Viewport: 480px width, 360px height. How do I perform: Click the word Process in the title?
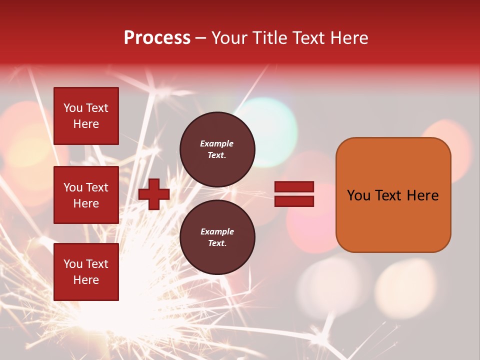(157, 38)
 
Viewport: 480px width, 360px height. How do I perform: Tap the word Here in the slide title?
(348, 38)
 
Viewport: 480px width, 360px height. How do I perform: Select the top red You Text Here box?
(86, 116)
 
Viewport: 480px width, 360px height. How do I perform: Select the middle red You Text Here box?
(86, 195)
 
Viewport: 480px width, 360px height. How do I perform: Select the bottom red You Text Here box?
(86, 271)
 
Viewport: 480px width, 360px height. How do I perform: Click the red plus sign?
(154, 194)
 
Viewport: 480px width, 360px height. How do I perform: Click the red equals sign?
(294, 194)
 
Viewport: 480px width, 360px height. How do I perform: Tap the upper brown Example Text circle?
(217, 149)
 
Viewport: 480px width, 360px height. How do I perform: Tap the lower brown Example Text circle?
(217, 237)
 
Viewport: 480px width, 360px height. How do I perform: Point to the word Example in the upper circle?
(217, 143)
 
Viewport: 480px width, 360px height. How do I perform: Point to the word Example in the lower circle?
(217, 231)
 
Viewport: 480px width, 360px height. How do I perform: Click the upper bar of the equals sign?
(294, 186)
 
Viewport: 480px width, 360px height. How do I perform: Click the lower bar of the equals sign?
(294, 201)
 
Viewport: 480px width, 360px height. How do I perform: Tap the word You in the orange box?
(358, 195)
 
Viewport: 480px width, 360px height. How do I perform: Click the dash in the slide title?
(201, 38)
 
